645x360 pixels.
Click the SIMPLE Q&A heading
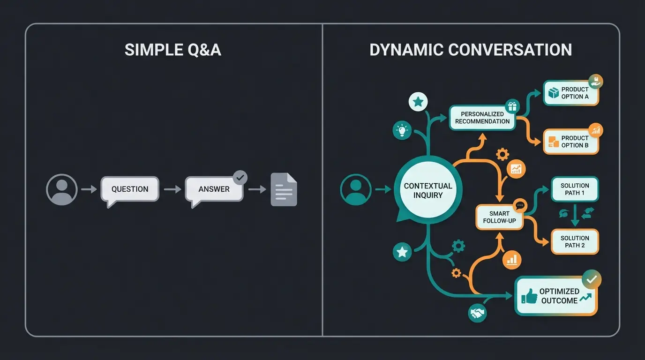[x=172, y=50]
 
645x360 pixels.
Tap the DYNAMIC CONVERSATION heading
[x=471, y=50]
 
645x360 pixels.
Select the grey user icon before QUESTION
[x=61, y=189]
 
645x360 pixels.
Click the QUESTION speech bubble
[x=130, y=189]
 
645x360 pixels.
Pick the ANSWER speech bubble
[x=214, y=189]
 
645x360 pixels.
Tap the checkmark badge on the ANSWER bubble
[x=240, y=178]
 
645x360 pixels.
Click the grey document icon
[x=284, y=189]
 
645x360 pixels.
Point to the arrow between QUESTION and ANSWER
[x=172, y=189]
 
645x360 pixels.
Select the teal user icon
[x=356, y=189]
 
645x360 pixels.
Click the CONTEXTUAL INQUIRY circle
[x=428, y=190]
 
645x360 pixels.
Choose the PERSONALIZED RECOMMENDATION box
[x=482, y=118]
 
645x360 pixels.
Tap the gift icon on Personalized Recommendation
[x=511, y=106]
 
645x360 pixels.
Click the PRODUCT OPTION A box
[x=571, y=93]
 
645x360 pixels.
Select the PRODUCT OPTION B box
[x=571, y=142]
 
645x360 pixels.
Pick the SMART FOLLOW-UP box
[x=499, y=217]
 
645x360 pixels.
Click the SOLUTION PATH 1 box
[x=575, y=189]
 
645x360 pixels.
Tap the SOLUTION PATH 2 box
[x=575, y=241]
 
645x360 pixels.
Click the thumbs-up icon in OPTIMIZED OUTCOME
[x=529, y=296]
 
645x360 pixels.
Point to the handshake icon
[x=478, y=313]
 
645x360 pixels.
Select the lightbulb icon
[x=402, y=131]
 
